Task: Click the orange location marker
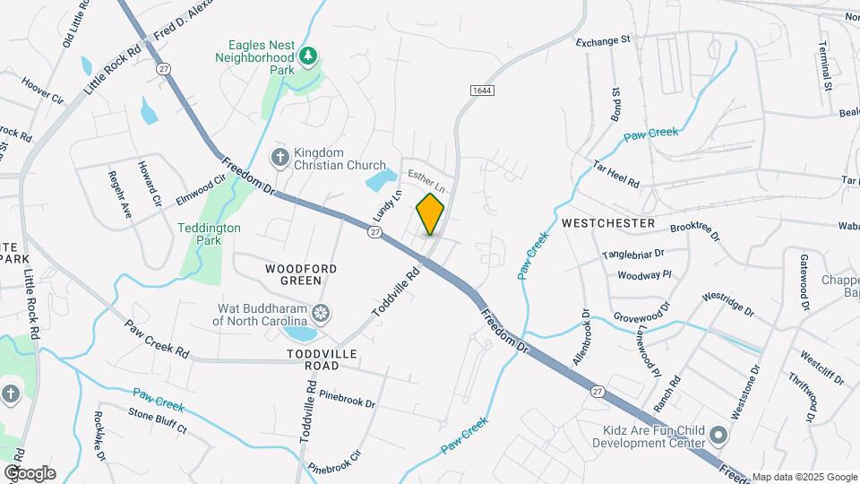tap(430, 213)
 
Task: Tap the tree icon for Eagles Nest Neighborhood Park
tap(308, 56)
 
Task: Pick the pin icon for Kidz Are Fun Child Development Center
tap(718, 436)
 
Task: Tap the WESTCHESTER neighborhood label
tap(608, 222)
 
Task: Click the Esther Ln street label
tap(427, 175)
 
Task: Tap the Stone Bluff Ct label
tap(157, 420)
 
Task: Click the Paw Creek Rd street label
tap(158, 339)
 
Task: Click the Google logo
tap(30, 473)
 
